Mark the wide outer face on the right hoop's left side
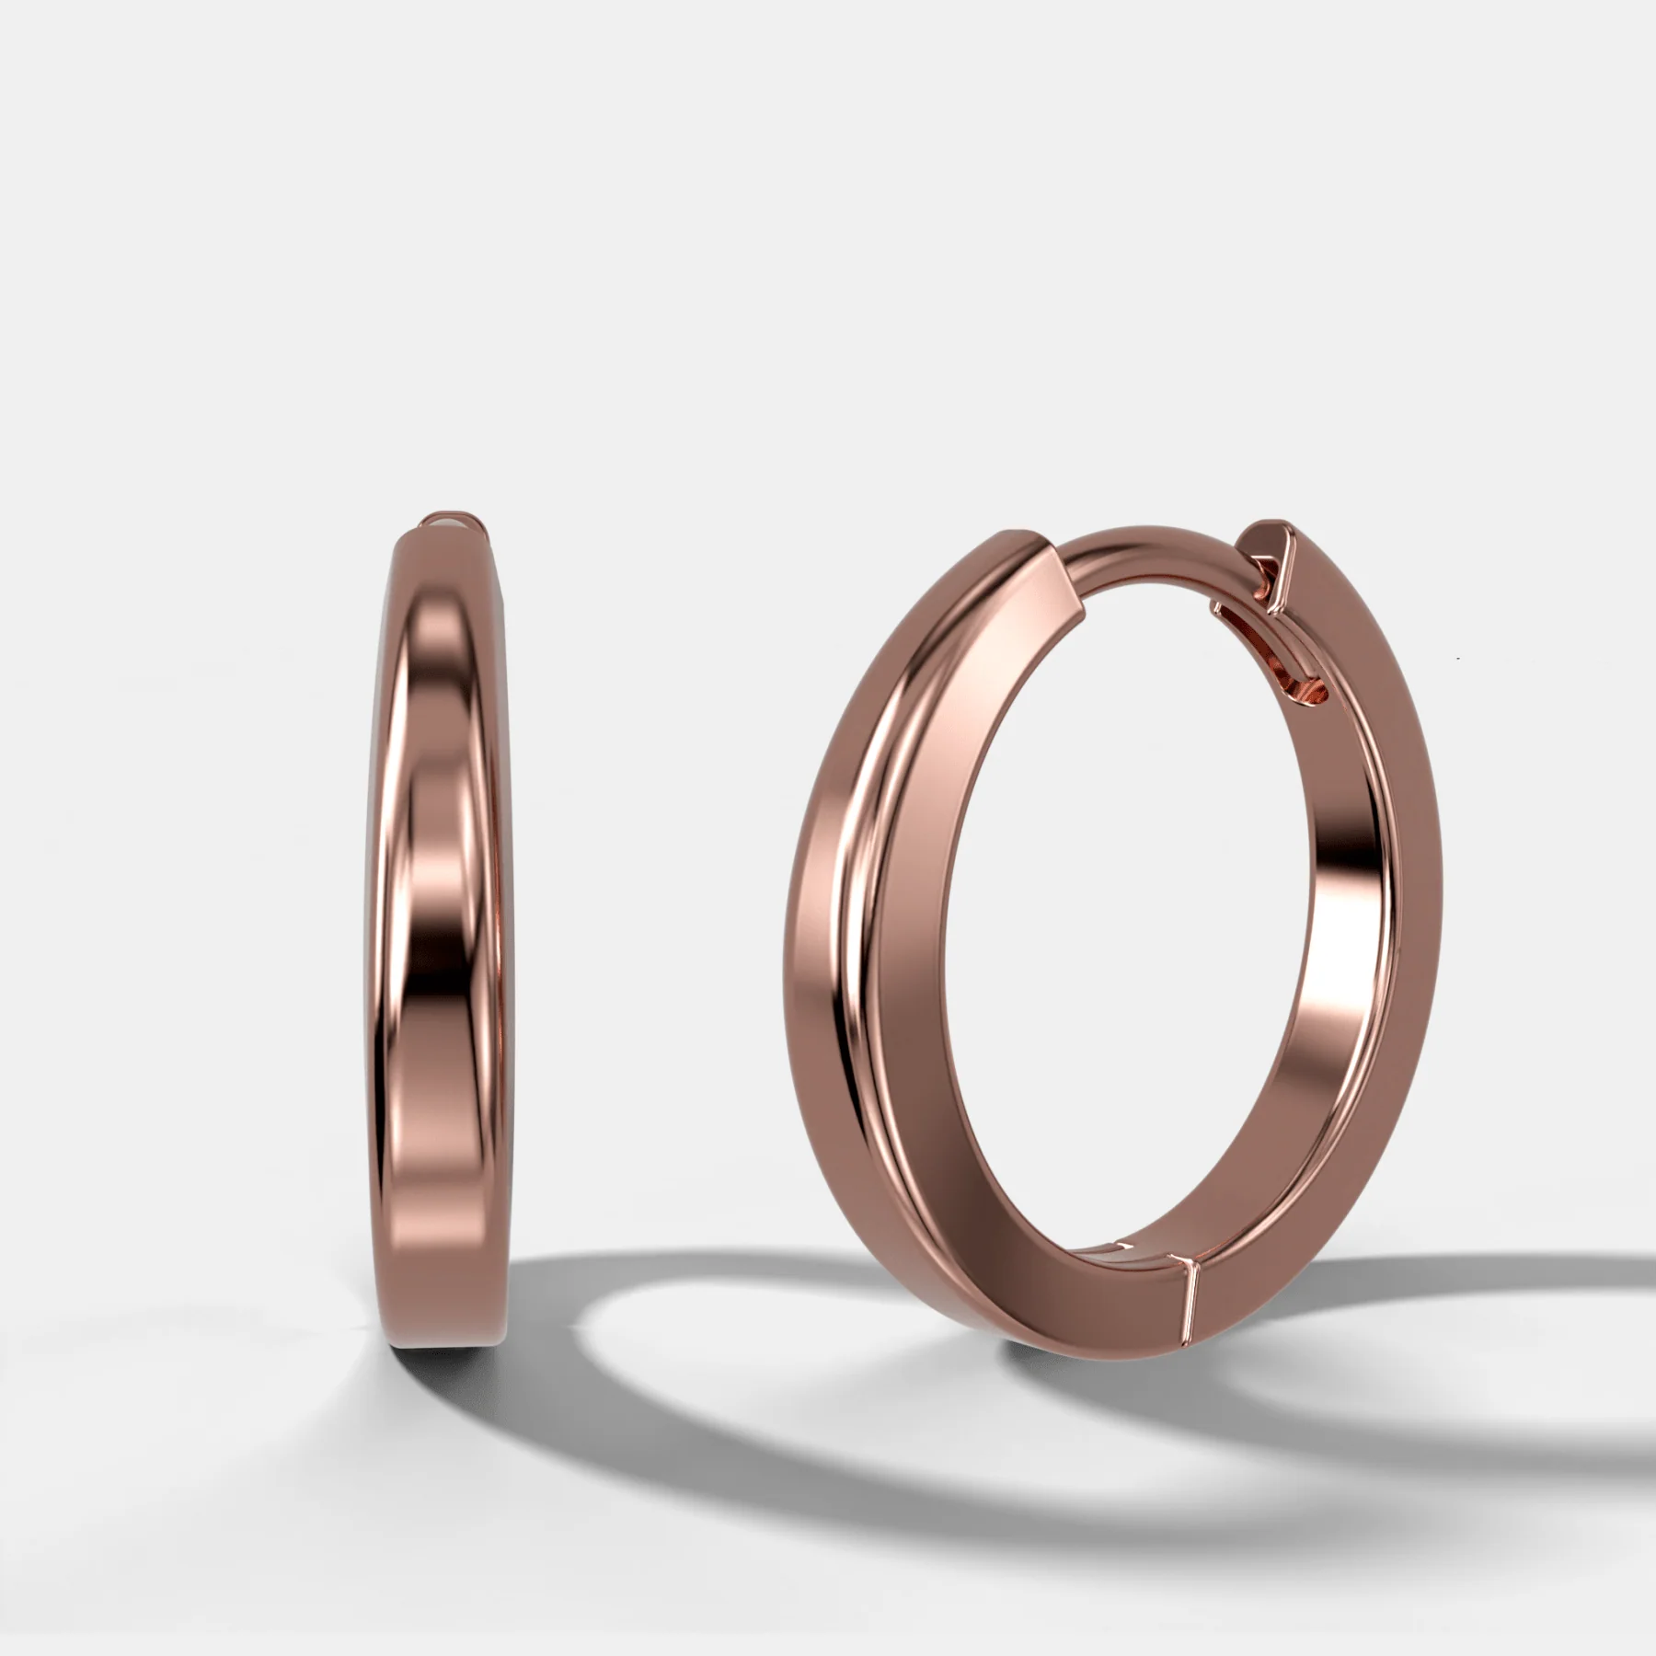[x=828, y=920]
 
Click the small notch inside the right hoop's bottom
[x=1118, y=1249]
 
